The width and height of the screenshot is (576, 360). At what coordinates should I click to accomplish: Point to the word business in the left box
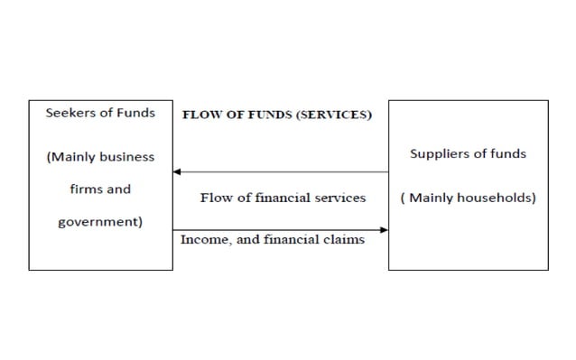click(x=125, y=157)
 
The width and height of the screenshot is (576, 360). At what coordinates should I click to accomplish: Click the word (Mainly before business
click(x=70, y=157)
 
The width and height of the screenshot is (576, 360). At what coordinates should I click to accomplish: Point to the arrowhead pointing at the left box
click(x=178, y=171)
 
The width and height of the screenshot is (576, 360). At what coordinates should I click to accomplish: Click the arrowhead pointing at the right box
click(x=384, y=230)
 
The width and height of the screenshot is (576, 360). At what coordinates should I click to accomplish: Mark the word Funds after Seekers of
click(x=135, y=113)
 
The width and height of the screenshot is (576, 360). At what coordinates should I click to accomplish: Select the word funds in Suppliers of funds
click(x=509, y=153)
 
